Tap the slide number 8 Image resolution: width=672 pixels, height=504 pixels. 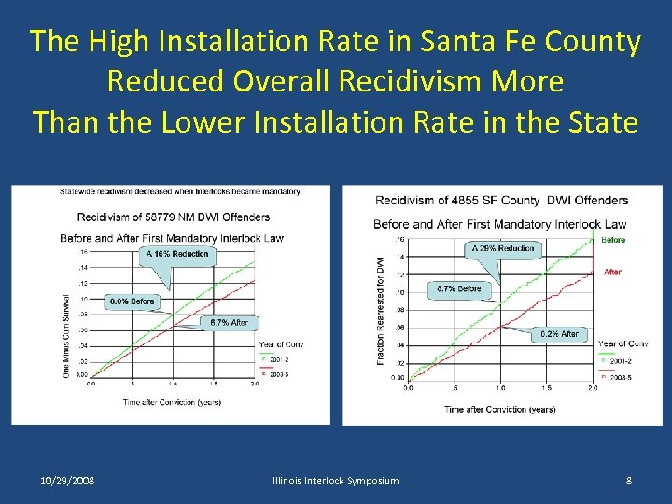[629, 481]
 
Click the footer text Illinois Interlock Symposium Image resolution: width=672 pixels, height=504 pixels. [335, 481]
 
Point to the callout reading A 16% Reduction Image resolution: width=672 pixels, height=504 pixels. [176, 254]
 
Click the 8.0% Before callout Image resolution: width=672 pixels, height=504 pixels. [132, 301]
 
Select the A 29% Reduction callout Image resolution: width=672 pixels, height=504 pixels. [503, 248]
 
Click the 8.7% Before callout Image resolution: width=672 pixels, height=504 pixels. [459, 289]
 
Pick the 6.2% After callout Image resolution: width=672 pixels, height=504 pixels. [557, 333]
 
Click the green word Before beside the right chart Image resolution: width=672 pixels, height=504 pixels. [613, 240]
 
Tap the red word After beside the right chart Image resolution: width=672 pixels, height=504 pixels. [612, 273]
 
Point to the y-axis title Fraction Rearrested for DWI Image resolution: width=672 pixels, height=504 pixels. [382, 311]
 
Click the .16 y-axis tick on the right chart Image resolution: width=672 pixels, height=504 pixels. [399, 240]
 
